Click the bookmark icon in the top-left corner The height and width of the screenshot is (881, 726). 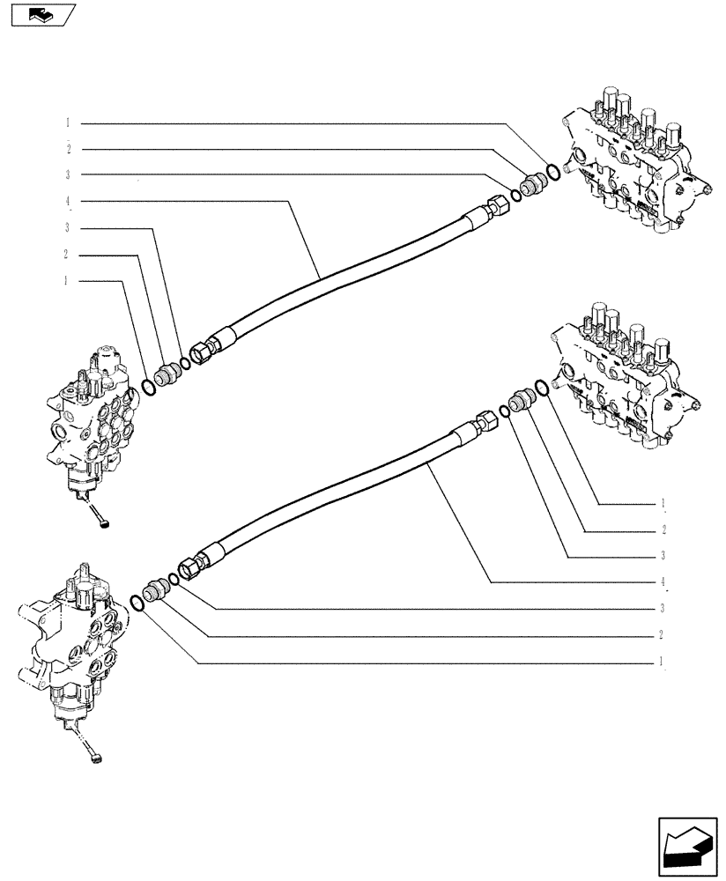click(41, 14)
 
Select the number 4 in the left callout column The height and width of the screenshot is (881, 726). click(67, 201)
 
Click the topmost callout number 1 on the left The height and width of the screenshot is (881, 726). click(67, 122)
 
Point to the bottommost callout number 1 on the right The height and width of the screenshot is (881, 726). click(661, 661)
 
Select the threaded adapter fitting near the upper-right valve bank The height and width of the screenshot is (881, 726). click(532, 185)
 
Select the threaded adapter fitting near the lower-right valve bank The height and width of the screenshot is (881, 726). click(521, 398)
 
